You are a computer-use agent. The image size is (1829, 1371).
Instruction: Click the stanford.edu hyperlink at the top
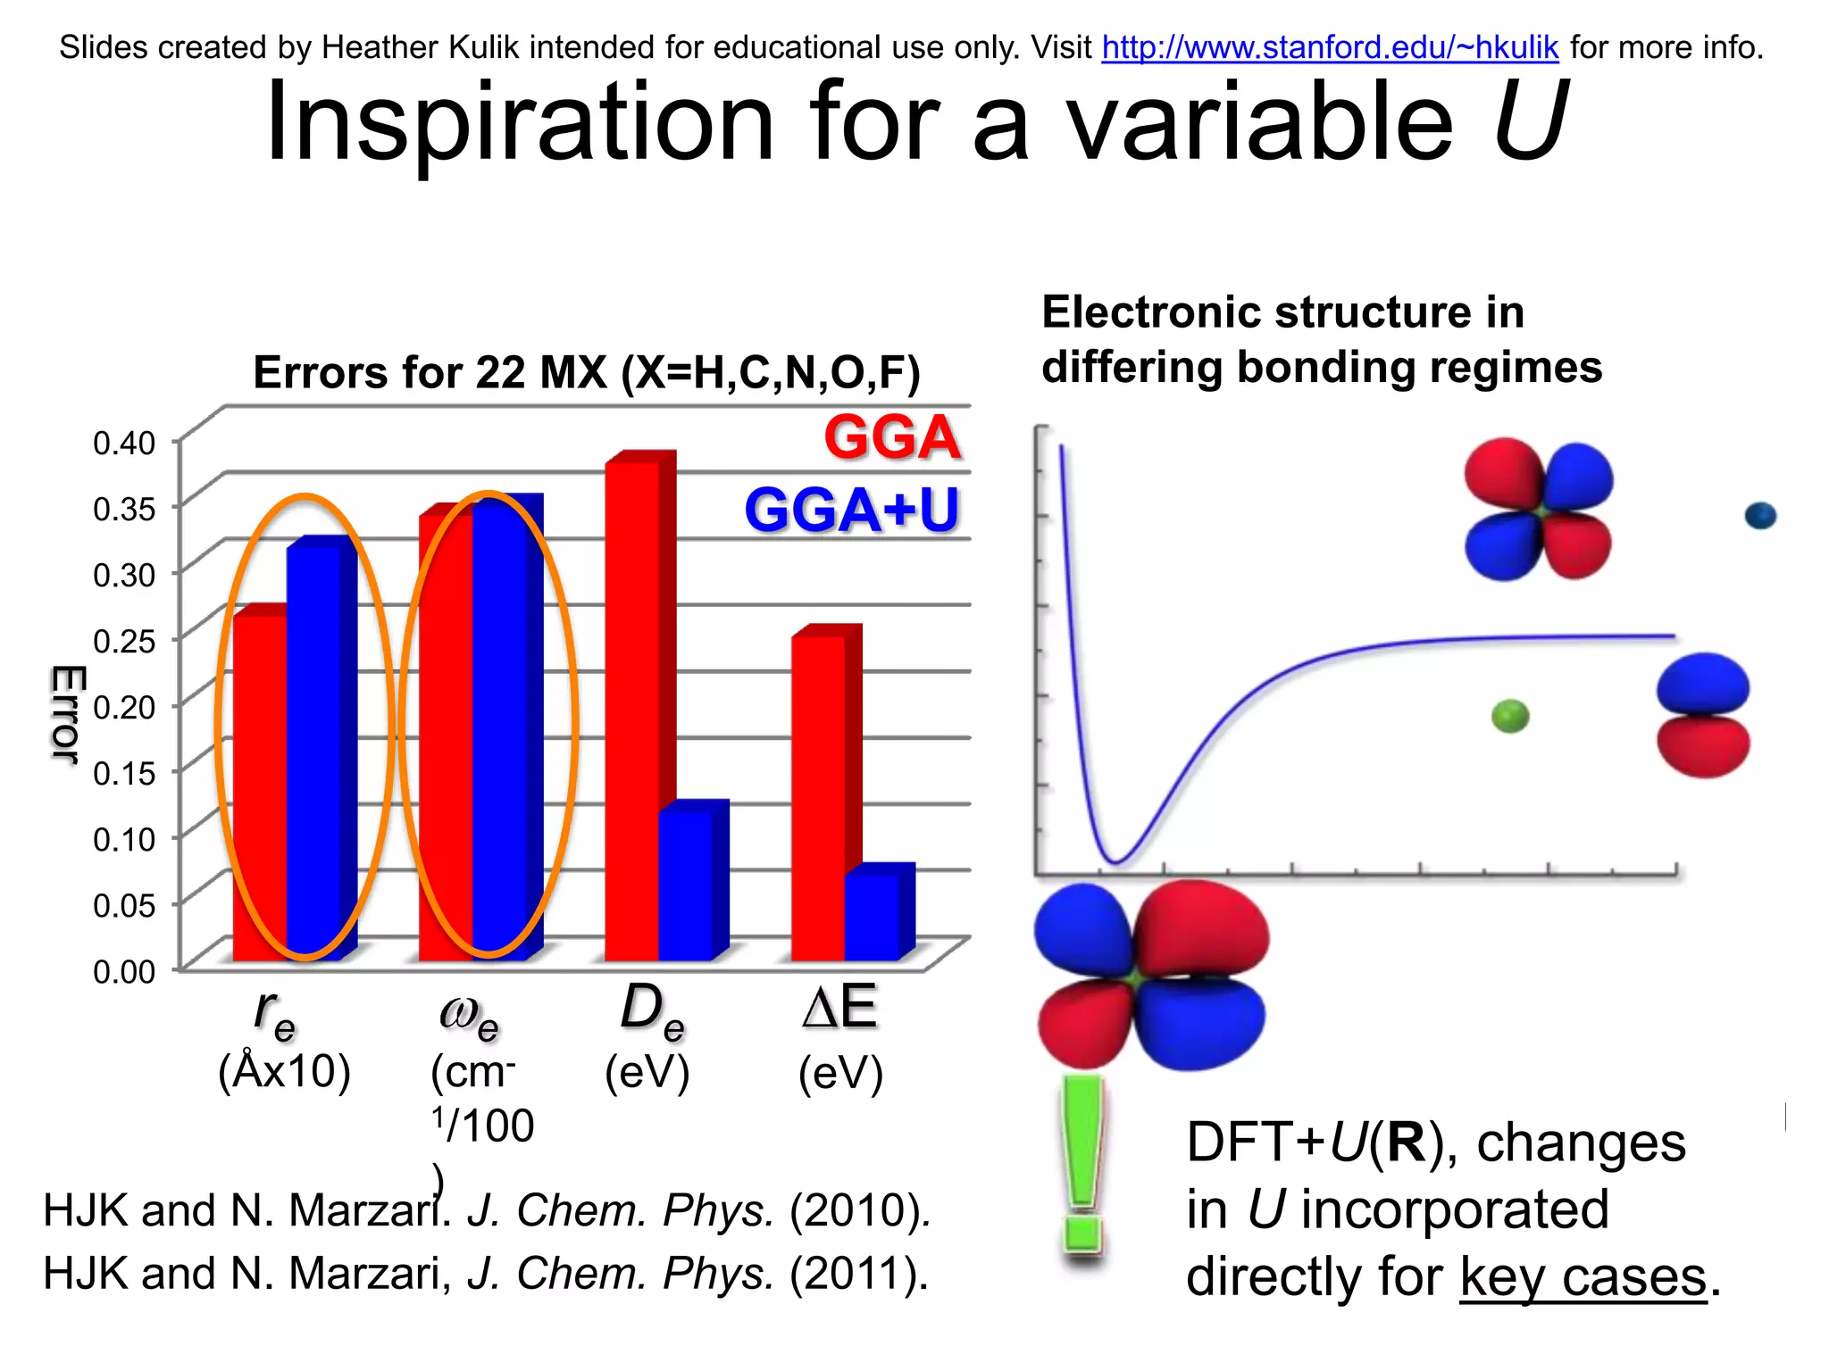tap(1329, 47)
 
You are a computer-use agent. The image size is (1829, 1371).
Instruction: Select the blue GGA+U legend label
tap(851, 510)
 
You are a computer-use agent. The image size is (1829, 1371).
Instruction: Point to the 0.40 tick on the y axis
tap(124, 443)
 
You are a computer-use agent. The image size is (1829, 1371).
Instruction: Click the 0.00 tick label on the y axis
tap(124, 972)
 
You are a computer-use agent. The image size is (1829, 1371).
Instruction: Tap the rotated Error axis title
tap(66, 714)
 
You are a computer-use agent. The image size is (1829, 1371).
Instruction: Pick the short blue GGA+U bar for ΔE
tap(872, 915)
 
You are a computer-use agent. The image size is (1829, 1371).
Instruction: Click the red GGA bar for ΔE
tap(818, 794)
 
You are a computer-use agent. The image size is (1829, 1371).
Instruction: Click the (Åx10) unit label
tap(284, 1071)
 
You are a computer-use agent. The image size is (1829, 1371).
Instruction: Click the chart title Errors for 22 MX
tap(586, 372)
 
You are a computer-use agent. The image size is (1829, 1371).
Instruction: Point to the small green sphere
tap(1510, 716)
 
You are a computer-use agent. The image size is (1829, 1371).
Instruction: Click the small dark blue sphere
tap(1760, 516)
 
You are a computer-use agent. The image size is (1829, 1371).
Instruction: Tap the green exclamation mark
tap(1083, 1165)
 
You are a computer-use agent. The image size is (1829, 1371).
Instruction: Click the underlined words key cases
tap(1583, 1277)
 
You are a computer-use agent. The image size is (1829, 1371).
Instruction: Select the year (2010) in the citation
tap(859, 1211)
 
